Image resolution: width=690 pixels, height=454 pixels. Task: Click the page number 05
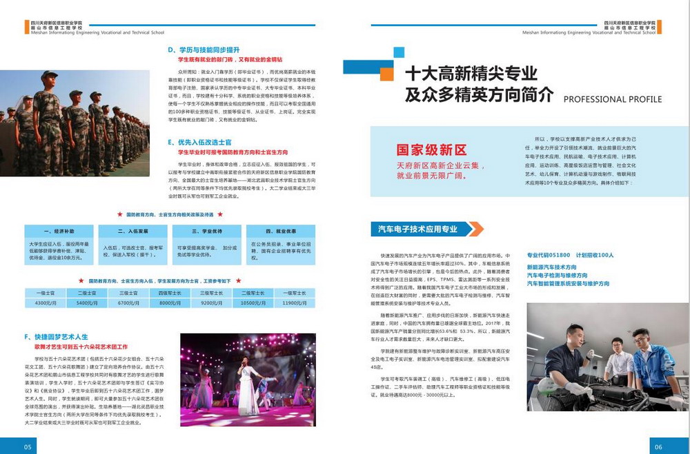pyautogui.click(x=28, y=446)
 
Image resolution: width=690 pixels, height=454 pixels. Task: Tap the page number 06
pyautogui.click(x=658, y=446)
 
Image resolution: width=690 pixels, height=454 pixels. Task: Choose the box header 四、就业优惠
pyautogui.click(x=281, y=231)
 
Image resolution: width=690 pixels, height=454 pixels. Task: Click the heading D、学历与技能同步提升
pyautogui.click(x=204, y=50)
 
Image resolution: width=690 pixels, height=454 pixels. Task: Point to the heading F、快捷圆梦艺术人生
pyautogui.click(x=56, y=336)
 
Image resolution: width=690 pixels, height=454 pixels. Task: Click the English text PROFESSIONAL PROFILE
pyautogui.click(x=612, y=99)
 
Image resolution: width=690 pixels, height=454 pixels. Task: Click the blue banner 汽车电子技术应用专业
pyautogui.click(x=418, y=229)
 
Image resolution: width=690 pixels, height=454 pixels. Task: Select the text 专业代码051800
pyautogui.click(x=549, y=255)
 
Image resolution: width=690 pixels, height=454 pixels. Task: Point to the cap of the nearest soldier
pyautogui.click(x=49, y=75)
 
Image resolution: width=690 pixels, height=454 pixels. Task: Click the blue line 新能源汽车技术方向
pyautogui.click(x=551, y=267)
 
